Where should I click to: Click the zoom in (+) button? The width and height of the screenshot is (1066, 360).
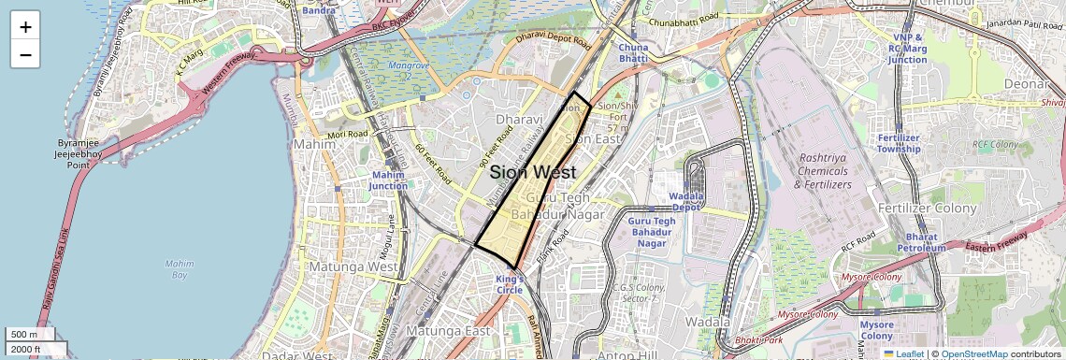(25, 27)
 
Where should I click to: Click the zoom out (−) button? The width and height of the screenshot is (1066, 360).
(25, 54)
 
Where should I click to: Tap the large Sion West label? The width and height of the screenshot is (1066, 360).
(532, 173)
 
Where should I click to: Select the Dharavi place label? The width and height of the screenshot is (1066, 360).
(519, 121)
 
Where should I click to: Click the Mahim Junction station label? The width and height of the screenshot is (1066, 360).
(389, 180)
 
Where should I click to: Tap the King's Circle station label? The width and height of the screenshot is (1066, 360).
(510, 284)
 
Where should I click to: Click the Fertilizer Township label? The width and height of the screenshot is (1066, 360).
(899, 143)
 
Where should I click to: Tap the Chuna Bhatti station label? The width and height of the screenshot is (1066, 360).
(633, 52)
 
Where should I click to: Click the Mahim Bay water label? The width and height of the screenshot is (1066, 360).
(179, 269)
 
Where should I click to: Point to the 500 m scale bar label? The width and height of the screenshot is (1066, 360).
(24, 335)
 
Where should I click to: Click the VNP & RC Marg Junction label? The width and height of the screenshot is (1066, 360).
(908, 48)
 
